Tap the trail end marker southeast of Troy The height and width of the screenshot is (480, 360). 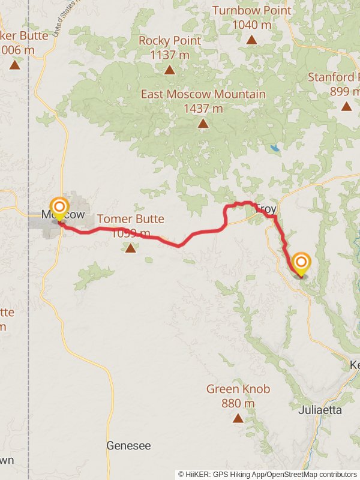301,263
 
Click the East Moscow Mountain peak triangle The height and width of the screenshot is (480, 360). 203,124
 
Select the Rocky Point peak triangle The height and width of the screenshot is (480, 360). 170,70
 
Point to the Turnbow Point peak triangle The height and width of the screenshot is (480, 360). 251,40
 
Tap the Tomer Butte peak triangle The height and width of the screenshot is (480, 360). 130,247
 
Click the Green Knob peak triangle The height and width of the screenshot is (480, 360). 238,418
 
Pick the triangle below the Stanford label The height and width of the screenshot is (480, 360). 346,106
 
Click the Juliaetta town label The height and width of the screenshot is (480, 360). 320,410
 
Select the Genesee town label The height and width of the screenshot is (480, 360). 128,446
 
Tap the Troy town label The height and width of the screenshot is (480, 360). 267,209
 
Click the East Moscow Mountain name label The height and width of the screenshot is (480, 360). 203,94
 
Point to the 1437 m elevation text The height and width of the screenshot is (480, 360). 203,109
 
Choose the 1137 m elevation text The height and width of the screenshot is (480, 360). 170,55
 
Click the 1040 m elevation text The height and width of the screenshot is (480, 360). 251,25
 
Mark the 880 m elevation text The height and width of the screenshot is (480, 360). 238,404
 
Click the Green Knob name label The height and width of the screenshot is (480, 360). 238,389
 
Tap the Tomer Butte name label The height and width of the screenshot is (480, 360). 130,219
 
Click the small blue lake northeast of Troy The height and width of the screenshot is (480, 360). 275,148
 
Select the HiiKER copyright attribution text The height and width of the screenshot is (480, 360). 267,474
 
